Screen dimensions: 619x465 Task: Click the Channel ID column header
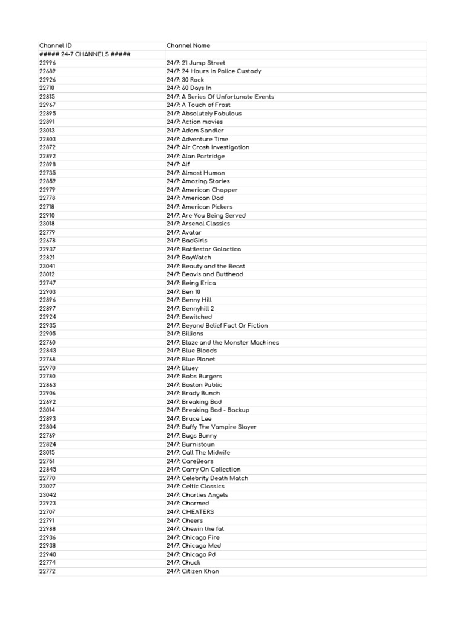coord(55,46)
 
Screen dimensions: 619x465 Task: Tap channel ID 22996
coord(47,63)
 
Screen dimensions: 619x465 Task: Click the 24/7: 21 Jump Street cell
coord(196,63)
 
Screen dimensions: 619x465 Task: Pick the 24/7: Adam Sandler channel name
coord(195,131)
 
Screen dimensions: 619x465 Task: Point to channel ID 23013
coord(47,131)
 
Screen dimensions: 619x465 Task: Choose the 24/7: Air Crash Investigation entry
coord(208,147)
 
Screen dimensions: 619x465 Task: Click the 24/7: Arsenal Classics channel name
coord(198,224)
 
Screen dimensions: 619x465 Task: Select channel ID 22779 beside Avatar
coord(47,232)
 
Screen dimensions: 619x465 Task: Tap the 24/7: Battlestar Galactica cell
coord(203,249)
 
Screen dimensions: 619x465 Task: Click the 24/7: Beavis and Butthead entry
coord(205,274)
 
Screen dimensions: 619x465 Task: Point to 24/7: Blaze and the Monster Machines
coord(222,342)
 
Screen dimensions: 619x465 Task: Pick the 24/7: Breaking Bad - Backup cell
coord(208,410)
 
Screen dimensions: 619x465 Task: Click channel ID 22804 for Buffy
coord(47,427)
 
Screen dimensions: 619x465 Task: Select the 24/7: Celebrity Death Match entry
coord(207,478)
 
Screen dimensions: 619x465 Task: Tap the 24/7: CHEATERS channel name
coord(190,511)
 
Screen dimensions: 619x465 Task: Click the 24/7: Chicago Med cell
coord(193,545)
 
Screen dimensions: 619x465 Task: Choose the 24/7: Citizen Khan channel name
coord(193,571)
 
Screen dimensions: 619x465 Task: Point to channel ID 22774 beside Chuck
coord(47,562)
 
